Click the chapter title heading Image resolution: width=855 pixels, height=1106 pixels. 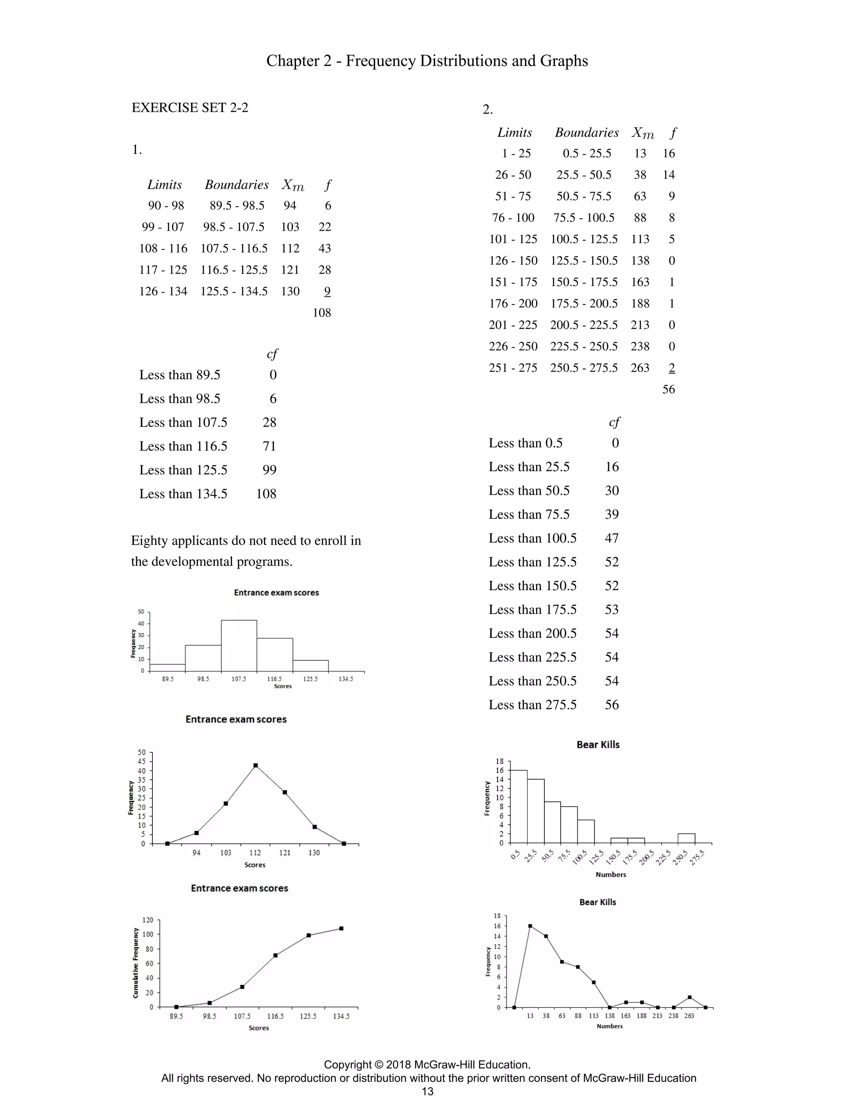coord(427,61)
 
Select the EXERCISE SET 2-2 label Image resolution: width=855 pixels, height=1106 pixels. coord(190,107)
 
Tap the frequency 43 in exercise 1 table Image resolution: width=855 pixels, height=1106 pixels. coord(324,248)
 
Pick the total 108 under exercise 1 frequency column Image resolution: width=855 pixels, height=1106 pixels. coord(321,313)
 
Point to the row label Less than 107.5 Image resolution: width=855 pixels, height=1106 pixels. coord(183,422)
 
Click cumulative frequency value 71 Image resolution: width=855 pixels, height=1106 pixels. coord(269,446)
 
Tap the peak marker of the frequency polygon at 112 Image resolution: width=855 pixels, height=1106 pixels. coord(255,766)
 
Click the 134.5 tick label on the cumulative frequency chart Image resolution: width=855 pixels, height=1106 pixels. coord(341,1016)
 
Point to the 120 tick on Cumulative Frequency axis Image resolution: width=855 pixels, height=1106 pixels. coord(148,919)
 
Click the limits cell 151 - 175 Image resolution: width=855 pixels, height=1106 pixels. coord(513,282)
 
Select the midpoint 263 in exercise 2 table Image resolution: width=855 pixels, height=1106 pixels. coord(640,368)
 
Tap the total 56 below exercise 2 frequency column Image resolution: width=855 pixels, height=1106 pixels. coord(669,389)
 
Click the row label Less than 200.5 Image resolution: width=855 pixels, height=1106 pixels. coord(532,634)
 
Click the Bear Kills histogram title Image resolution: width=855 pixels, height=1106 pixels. coord(598,745)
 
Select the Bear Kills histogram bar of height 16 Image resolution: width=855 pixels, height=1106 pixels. coord(518,806)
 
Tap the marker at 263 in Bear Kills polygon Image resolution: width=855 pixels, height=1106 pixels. coord(689,997)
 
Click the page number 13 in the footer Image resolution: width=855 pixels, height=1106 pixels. coord(427,1091)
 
